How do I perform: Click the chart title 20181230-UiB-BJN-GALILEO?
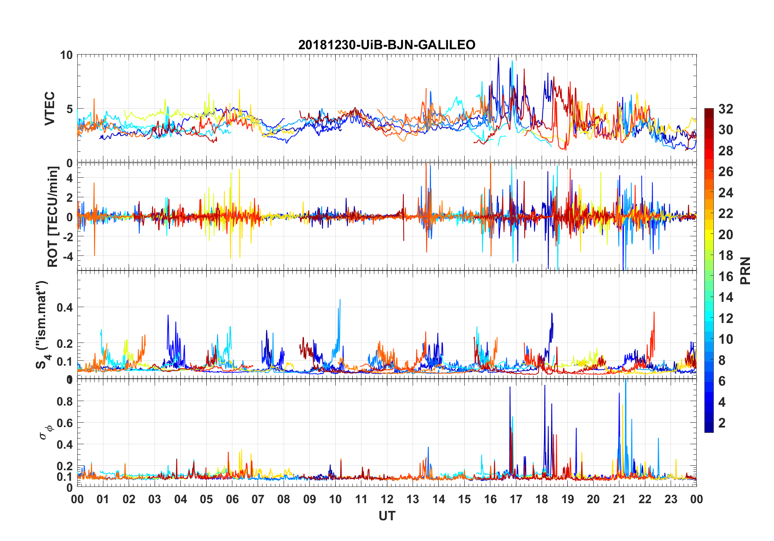tap(387, 45)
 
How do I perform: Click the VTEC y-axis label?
tap(50, 109)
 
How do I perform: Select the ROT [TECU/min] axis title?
tap(53, 216)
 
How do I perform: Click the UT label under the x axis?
tap(387, 516)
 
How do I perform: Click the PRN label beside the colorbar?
tap(746, 270)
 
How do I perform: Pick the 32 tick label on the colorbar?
tap(726, 109)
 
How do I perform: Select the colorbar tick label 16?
tap(726, 277)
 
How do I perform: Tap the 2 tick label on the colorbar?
tap(722, 423)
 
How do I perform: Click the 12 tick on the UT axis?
tap(387, 499)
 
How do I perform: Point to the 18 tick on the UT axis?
tap(542, 499)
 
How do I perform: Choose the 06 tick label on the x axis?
tap(232, 499)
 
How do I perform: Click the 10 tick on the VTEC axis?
tap(66, 55)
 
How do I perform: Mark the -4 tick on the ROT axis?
tap(67, 256)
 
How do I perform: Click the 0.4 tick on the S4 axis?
tap(65, 308)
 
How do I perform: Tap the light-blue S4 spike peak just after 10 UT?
tap(340, 300)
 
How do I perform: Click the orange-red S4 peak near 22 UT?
tap(654, 312)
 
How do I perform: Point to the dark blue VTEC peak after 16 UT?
tap(499, 58)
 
